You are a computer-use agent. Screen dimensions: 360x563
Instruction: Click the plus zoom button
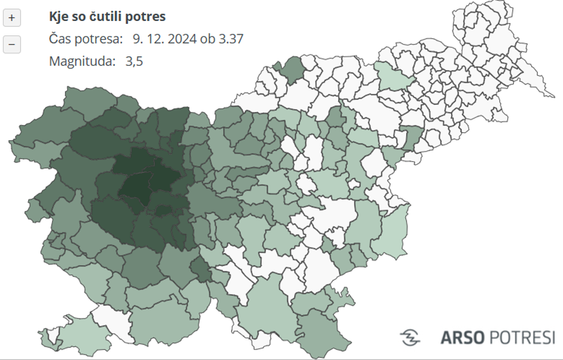coord(11,18)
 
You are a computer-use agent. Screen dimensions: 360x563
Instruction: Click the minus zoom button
coord(11,44)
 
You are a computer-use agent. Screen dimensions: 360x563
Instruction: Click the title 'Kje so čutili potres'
coord(107,17)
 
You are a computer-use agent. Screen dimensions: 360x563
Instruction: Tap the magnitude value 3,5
coord(134,61)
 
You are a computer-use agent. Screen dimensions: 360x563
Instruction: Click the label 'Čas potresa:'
coord(86,39)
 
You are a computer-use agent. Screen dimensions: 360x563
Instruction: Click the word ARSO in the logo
coord(462,337)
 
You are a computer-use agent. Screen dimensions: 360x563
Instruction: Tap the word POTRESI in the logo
coord(522,337)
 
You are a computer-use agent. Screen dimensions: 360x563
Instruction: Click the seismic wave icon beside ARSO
coord(410,337)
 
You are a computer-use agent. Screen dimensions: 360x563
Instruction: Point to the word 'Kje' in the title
coord(58,17)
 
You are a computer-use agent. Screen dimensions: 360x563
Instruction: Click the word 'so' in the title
coord(78,17)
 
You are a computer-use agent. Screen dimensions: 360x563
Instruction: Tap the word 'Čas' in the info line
coord(60,39)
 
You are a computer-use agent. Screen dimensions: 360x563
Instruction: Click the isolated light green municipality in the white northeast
coord(394,77)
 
